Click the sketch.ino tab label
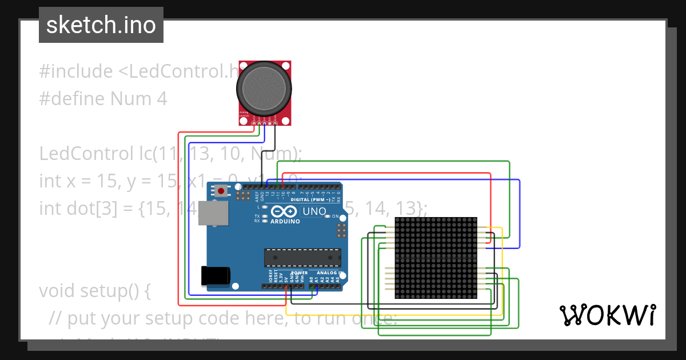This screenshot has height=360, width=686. [101, 25]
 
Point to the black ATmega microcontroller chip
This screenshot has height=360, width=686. [302, 258]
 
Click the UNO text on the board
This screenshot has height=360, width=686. [314, 211]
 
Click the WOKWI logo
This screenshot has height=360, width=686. [607, 315]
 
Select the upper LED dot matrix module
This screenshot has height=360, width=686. [436, 237]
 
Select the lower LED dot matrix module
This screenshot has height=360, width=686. [436, 278]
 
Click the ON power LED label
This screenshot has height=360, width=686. [335, 217]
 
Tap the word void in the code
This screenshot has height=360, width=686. [57, 291]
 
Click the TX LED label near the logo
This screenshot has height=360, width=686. [257, 216]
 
